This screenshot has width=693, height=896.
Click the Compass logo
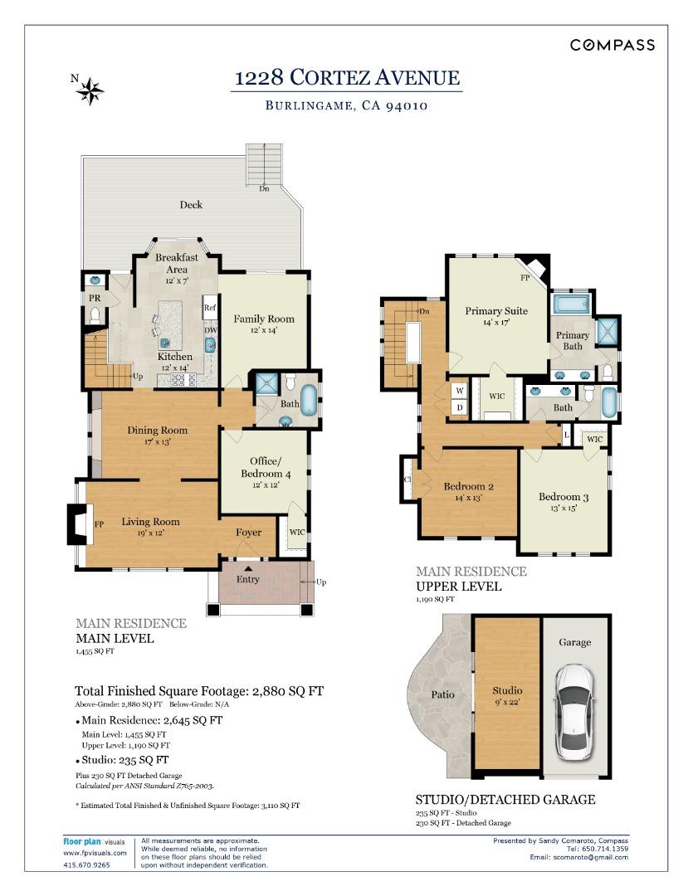click(x=612, y=45)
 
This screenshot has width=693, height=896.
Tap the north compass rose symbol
click(x=90, y=91)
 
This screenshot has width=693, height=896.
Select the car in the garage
click(x=575, y=712)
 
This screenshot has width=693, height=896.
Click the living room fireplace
click(x=79, y=523)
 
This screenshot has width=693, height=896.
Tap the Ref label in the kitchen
click(x=210, y=308)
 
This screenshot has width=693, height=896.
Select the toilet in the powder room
click(x=95, y=315)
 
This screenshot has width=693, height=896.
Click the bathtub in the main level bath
click(x=309, y=400)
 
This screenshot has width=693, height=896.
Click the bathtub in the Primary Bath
click(x=573, y=304)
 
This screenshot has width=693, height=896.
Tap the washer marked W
click(x=460, y=391)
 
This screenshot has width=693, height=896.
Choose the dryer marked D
click(x=460, y=407)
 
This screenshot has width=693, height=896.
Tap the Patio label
click(x=442, y=694)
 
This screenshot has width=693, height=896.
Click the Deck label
click(x=191, y=205)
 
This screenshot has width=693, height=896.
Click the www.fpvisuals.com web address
click(x=95, y=853)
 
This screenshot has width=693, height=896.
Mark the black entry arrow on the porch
click(x=248, y=568)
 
